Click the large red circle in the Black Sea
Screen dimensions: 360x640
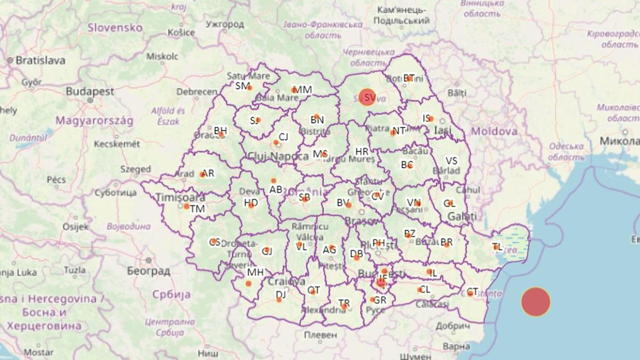[535, 302]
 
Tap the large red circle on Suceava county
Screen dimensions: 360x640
[367, 97]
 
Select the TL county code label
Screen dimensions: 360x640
[498, 246]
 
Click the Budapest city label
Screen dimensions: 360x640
[90, 92]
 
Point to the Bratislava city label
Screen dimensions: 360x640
[41, 60]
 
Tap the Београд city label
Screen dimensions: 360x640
[149, 271]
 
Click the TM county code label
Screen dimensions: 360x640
[197, 209]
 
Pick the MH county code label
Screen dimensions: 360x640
[255, 273]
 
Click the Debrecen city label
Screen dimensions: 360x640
[197, 92]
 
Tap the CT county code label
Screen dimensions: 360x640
[472, 292]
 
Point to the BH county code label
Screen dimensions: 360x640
[220, 130]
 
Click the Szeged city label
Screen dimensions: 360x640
[135, 169]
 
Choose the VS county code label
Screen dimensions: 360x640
[451, 161]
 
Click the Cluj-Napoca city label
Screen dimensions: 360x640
[278, 156]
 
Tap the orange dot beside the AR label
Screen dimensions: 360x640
[202, 174]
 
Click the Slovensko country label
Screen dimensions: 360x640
[115, 27]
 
